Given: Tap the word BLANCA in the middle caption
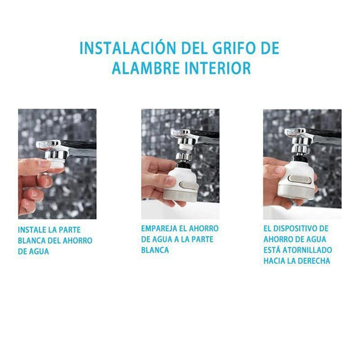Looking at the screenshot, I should [155, 250].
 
